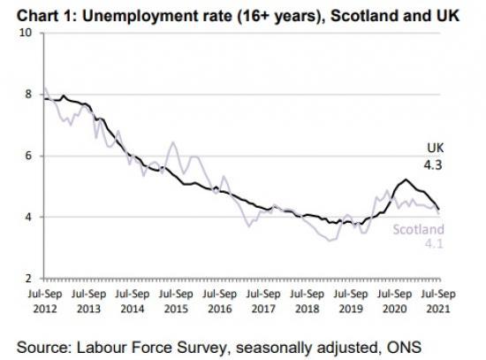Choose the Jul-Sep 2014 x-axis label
131,298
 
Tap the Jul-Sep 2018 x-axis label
307,298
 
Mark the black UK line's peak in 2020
405,180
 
